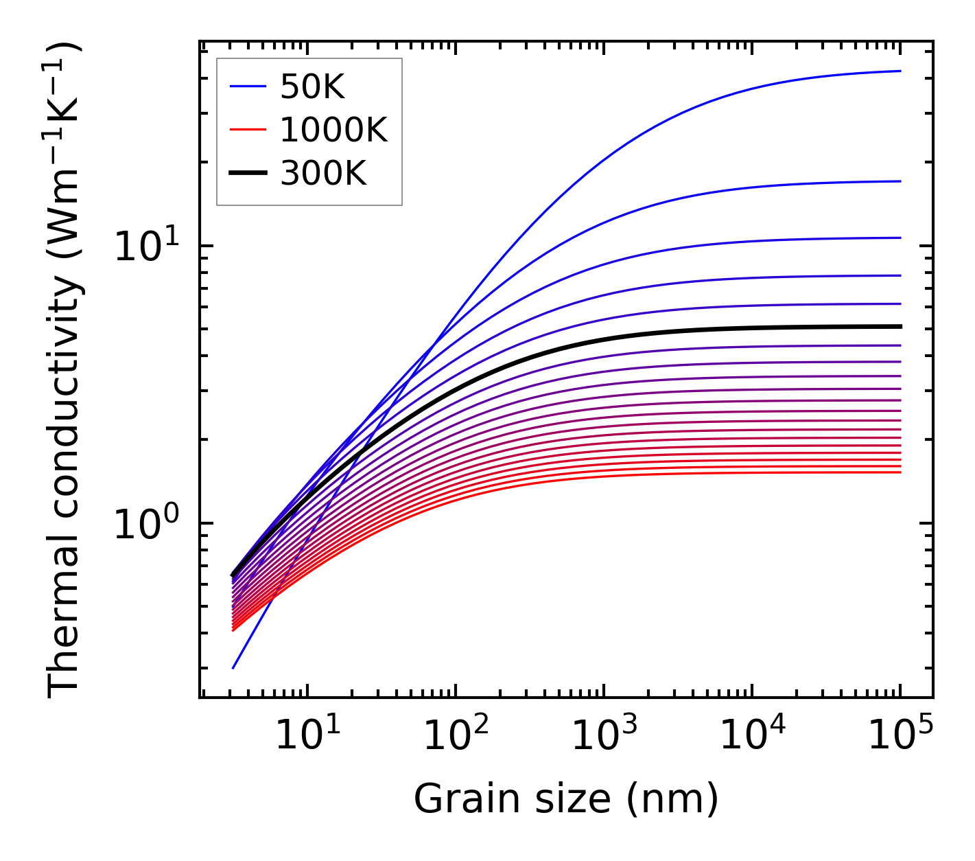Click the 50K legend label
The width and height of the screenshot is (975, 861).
312,87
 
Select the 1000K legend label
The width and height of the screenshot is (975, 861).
333,130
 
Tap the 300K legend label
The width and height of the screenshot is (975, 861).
323,174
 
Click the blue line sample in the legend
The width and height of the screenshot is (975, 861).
247,87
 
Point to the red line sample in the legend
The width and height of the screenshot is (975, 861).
247,130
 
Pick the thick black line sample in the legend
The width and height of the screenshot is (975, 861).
247,174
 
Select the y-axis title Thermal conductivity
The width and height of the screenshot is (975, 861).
65,371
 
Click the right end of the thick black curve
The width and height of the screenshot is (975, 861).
900,327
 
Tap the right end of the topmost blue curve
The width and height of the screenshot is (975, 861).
900,71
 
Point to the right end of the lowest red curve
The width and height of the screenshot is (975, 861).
900,472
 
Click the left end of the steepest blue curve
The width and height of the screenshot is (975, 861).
234,667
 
